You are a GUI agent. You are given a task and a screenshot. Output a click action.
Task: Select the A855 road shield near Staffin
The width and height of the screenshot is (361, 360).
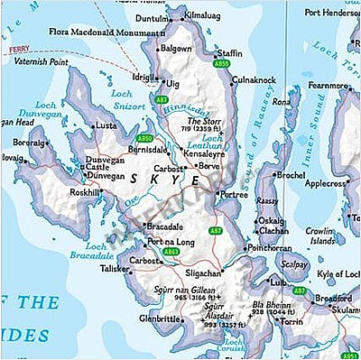pos(221,65)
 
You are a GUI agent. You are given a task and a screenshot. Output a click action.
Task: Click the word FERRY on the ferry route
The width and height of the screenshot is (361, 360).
pos(21,51)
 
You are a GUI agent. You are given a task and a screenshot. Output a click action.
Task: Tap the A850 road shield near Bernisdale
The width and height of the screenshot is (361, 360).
pos(144,138)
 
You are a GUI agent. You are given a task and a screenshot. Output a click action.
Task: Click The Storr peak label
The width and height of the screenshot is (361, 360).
pos(203,120)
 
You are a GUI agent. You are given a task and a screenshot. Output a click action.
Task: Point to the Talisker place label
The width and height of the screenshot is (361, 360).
pos(115,269)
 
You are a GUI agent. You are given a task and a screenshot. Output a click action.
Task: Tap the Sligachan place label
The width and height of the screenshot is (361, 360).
pos(203,272)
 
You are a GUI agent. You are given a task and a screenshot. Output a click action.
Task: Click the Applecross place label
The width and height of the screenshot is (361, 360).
pos(326,183)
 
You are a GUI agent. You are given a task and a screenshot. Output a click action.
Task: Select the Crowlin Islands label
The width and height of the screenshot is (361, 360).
pos(323,235)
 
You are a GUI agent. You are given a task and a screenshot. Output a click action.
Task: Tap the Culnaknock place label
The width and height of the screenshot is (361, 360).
pos(254,79)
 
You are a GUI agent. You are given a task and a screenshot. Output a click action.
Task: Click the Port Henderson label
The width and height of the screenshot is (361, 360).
pos(331,14)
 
